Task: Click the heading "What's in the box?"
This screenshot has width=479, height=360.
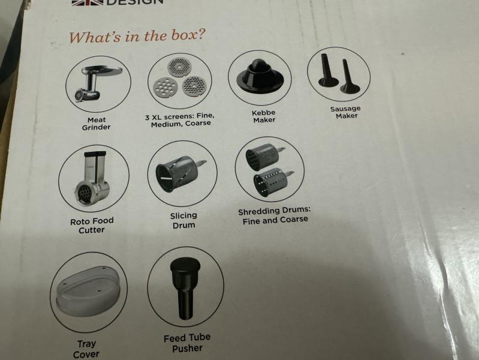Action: (x=136, y=36)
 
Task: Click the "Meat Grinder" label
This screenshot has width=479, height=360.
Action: (x=97, y=124)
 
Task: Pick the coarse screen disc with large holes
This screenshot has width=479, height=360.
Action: (x=165, y=88)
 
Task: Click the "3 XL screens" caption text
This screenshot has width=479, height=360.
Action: (x=180, y=120)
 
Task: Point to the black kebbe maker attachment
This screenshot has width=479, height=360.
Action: (x=260, y=75)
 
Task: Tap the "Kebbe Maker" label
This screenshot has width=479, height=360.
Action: (x=264, y=116)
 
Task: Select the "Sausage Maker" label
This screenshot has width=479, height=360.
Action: (x=345, y=112)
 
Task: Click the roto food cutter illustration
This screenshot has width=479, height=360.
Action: (x=93, y=179)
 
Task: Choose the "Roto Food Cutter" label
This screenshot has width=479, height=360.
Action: (x=92, y=225)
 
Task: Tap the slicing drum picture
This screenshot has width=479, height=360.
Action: (x=181, y=173)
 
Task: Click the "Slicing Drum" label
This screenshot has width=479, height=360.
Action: (x=183, y=220)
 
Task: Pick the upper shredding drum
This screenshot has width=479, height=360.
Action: (x=265, y=157)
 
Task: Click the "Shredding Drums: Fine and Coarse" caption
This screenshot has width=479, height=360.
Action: (x=275, y=215)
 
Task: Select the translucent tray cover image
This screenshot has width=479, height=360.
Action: (x=88, y=291)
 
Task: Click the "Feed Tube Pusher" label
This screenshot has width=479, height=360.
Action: (x=187, y=343)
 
